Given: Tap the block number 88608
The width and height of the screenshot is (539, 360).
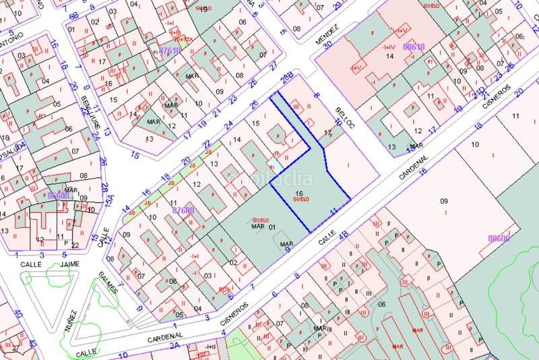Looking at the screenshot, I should pyautogui.click(x=61, y=196).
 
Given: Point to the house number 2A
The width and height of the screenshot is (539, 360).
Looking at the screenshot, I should pyautogui.click(x=174, y=345).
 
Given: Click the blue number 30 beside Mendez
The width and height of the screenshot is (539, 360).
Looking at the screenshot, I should pyautogui.click(x=329, y=46).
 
